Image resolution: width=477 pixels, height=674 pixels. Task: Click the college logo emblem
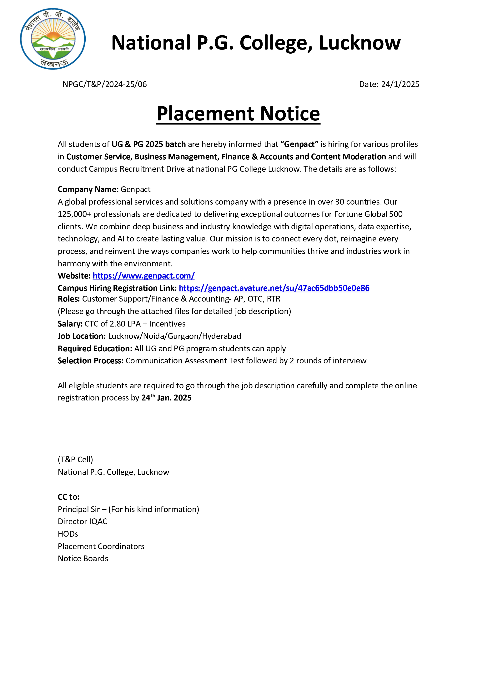click(x=53, y=39)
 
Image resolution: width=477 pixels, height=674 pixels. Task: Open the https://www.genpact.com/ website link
click(x=143, y=276)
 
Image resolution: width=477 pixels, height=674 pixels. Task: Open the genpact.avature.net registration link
click(x=274, y=288)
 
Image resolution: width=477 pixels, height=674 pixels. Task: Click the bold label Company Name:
click(x=88, y=189)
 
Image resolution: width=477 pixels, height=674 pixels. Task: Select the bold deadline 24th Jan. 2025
click(x=166, y=398)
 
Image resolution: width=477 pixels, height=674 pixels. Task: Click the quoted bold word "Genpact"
click(x=299, y=144)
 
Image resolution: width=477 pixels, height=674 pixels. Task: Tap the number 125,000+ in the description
click(x=74, y=214)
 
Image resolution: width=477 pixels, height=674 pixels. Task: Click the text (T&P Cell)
click(x=75, y=459)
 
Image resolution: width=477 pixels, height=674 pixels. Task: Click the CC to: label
click(x=68, y=497)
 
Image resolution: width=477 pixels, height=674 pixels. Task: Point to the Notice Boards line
click(x=83, y=558)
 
